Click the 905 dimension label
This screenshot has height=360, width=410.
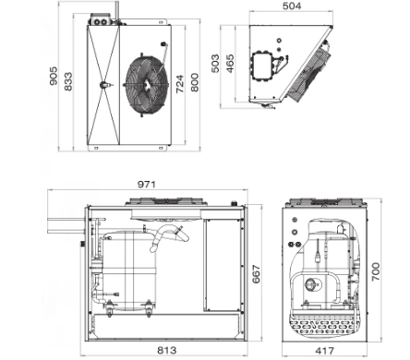[x=54, y=76]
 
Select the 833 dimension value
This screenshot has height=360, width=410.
[x=68, y=81]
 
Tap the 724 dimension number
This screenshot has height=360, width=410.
[x=180, y=83]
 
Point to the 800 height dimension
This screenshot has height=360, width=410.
[x=195, y=82]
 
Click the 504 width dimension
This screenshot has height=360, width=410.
[x=292, y=6]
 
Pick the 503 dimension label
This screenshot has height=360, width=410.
[x=215, y=64]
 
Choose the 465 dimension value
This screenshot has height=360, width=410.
[x=230, y=64]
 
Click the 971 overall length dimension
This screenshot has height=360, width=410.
[x=147, y=185]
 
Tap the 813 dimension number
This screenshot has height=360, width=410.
[x=167, y=350]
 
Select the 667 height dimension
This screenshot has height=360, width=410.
[x=256, y=273]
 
